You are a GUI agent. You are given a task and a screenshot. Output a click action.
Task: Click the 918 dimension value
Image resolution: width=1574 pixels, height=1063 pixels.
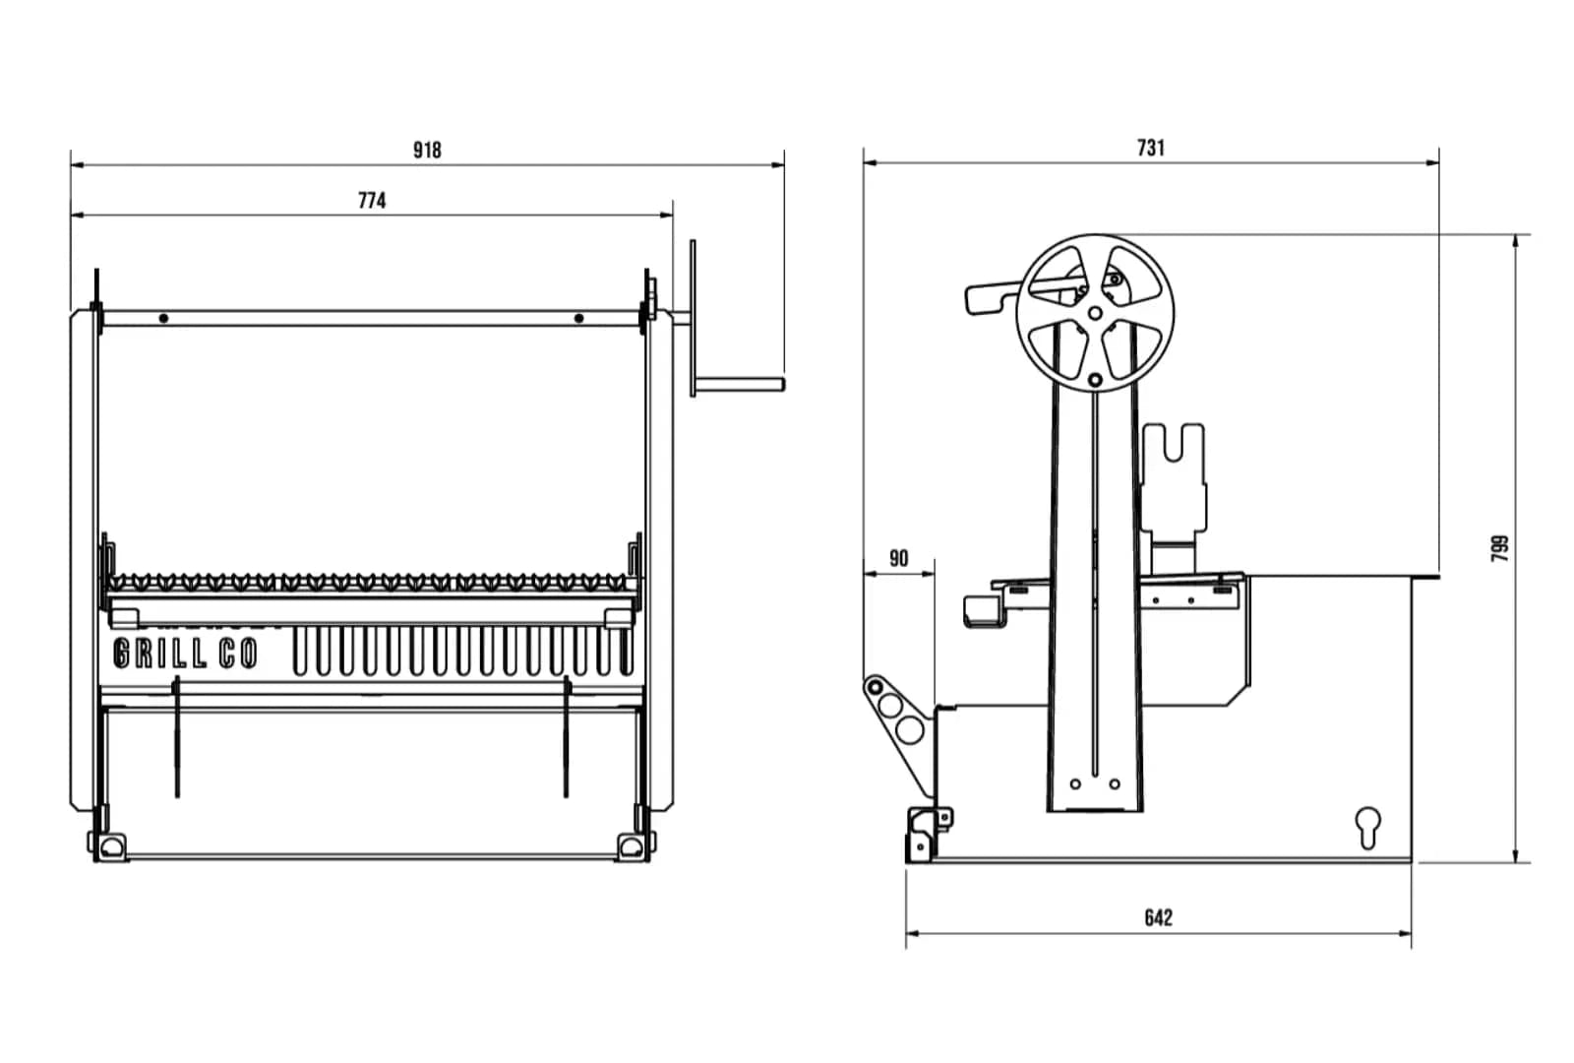[x=427, y=150]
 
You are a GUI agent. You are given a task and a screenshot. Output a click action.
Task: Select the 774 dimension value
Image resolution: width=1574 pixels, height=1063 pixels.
[x=372, y=200]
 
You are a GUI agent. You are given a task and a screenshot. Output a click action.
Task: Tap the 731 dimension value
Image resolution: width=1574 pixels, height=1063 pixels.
[x=1150, y=148]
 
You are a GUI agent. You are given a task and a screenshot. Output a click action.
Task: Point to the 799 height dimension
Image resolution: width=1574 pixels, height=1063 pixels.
[x=1499, y=548]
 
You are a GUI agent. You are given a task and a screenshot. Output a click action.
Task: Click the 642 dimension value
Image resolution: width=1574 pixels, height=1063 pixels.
[x=1158, y=917]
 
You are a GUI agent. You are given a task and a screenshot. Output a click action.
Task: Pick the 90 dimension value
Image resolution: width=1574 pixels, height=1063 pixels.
[x=898, y=558]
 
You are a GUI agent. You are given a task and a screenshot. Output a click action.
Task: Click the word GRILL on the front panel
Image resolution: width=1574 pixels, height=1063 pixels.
[x=159, y=654]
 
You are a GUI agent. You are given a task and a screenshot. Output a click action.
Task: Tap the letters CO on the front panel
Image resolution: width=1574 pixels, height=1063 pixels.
[x=237, y=654]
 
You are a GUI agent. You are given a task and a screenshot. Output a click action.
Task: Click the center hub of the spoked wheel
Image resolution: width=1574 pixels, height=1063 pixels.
[x=1095, y=313]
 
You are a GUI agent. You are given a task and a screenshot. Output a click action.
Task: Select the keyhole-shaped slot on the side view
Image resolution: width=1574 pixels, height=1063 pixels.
[x=1367, y=826]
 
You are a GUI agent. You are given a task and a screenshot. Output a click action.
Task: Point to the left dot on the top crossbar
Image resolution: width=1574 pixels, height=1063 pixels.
[x=163, y=318]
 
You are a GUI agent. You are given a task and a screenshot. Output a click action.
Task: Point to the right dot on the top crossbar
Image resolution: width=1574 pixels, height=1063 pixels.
[x=578, y=318]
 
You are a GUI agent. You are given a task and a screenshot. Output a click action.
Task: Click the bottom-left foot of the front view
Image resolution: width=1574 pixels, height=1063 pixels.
[x=109, y=844]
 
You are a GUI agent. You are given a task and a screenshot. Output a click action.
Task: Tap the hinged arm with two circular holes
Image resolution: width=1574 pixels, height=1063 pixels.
[x=896, y=715]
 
